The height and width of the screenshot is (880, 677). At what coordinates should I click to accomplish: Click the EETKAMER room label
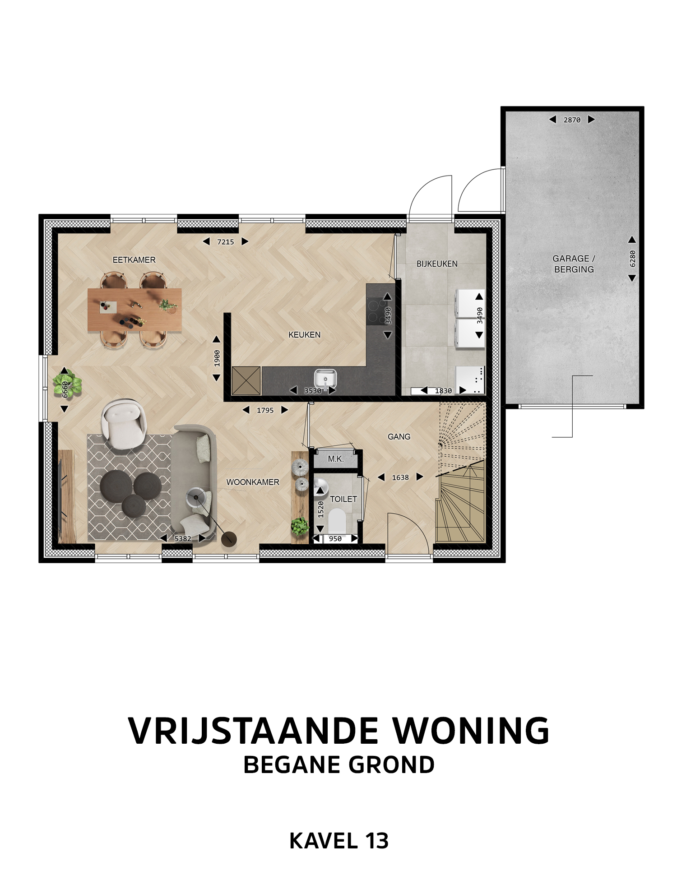pyautogui.click(x=134, y=260)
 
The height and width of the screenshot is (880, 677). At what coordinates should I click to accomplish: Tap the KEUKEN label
pyautogui.click(x=305, y=335)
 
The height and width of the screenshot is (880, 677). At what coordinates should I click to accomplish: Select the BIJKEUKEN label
pyautogui.click(x=437, y=264)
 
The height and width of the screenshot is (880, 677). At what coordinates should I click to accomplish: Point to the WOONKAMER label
pyautogui.click(x=253, y=482)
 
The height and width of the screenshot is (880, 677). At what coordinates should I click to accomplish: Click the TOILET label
pyautogui.click(x=343, y=499)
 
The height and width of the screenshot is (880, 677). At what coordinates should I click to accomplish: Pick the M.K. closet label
pyautogui.click(x=336, y=459)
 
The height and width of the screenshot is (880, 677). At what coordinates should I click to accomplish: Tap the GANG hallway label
pyautogui.click(x=399, y=436)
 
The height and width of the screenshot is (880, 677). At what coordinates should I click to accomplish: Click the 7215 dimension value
pyautogui.click(x=226, y=242)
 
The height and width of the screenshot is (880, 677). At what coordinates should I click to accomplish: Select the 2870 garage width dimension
pyautogui.click(x=572, y=120)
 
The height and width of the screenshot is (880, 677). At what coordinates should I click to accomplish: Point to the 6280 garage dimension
pyautogui.click(x=632, y=259)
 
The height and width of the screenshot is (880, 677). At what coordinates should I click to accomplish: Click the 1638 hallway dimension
pyautogui.click(x=400, y=477)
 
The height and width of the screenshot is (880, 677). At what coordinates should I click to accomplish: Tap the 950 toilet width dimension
pyautogui.click(x=335, y=538)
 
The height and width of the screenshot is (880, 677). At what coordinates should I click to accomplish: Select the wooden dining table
pyautogui.click(x=134, y=310)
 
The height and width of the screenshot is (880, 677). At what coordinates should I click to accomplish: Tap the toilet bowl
pyautogui.click(x=336, y=521)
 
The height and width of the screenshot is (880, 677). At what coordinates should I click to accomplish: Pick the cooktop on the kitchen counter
pyautogui.click(x=375, y=311)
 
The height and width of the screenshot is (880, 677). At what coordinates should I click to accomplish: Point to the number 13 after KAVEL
pyautogui.click(x=377, y=841)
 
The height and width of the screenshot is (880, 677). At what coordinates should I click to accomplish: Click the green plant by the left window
pyautogui.click(x=67, y=384)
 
